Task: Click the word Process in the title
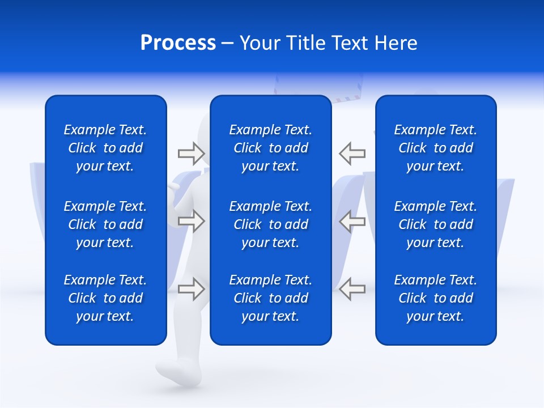click(178, 43)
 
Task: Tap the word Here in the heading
click(396, 43)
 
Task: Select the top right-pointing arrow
click(191, 154)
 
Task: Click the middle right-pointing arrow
click(191, 221)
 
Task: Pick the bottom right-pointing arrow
click(191, 288)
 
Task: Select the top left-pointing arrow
click(352, 154)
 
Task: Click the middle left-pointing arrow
click(352, 221)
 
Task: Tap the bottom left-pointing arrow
click(352, 288)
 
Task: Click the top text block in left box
click(105, 148)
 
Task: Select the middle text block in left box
click(105, 224)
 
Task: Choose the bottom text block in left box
click(105, 298)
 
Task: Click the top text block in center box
click(270, 148)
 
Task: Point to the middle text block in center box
click(270, 224)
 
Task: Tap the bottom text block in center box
click(270, 298)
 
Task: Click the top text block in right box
click(435, 148)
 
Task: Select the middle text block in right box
click(435, 224)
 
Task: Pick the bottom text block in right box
click(435, 298)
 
